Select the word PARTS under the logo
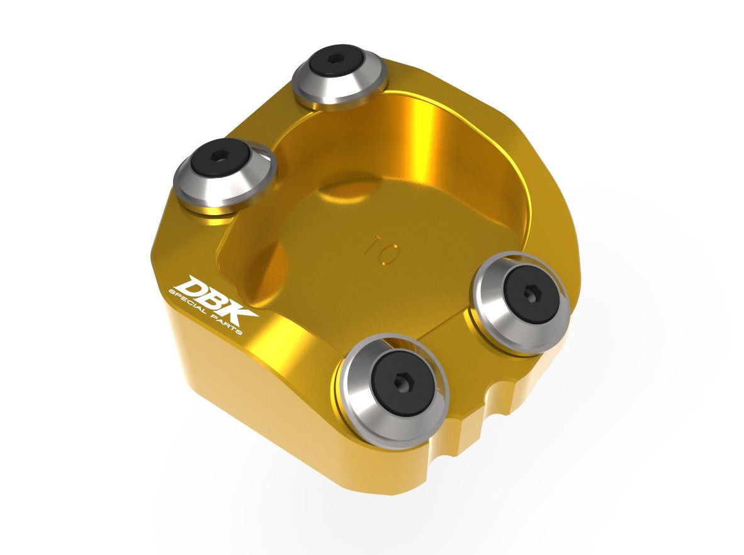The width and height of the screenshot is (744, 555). coord(227,325)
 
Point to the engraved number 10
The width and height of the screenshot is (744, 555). coord(383,249)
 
